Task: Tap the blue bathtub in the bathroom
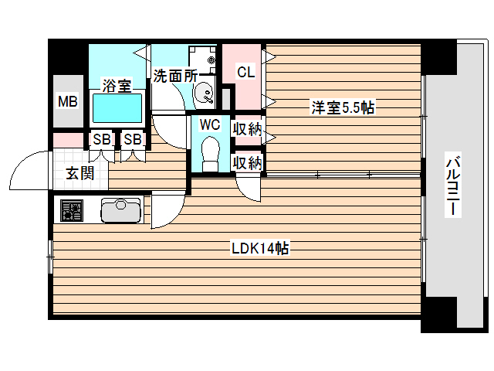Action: coord(117,107)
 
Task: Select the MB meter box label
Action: coord(68,100)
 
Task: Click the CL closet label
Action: coord(245,73)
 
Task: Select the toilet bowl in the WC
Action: coord(210,151)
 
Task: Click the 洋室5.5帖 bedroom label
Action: coord(343,107)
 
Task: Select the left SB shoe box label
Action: coord(101,140)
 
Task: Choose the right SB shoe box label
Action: coord(132,140)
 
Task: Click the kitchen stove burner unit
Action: coord(72,210)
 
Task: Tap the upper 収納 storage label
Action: coord(248,130)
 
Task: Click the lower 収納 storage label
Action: coord(248,163)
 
